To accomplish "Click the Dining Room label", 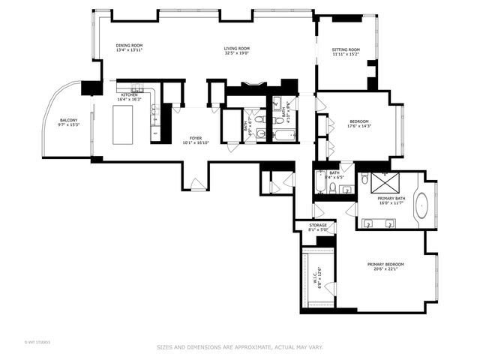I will tap(129, 45).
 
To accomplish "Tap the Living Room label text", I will tap(236, 49).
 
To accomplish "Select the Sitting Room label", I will tap(346, 49).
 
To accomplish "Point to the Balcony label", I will tap(69, 119).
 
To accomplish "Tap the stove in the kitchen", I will tap(136, 88).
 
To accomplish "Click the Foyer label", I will tap(195, 137).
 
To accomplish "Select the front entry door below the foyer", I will tap(195, 184).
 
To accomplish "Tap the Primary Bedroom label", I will tap(385, 264).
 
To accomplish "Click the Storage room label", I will tap(317, 225).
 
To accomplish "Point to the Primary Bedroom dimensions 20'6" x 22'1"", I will tap(385, 269).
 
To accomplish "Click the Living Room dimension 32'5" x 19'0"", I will tap(236, 54).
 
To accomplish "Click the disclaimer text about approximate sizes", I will tap(239, 347).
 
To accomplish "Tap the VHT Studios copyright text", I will tap(37, 342).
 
